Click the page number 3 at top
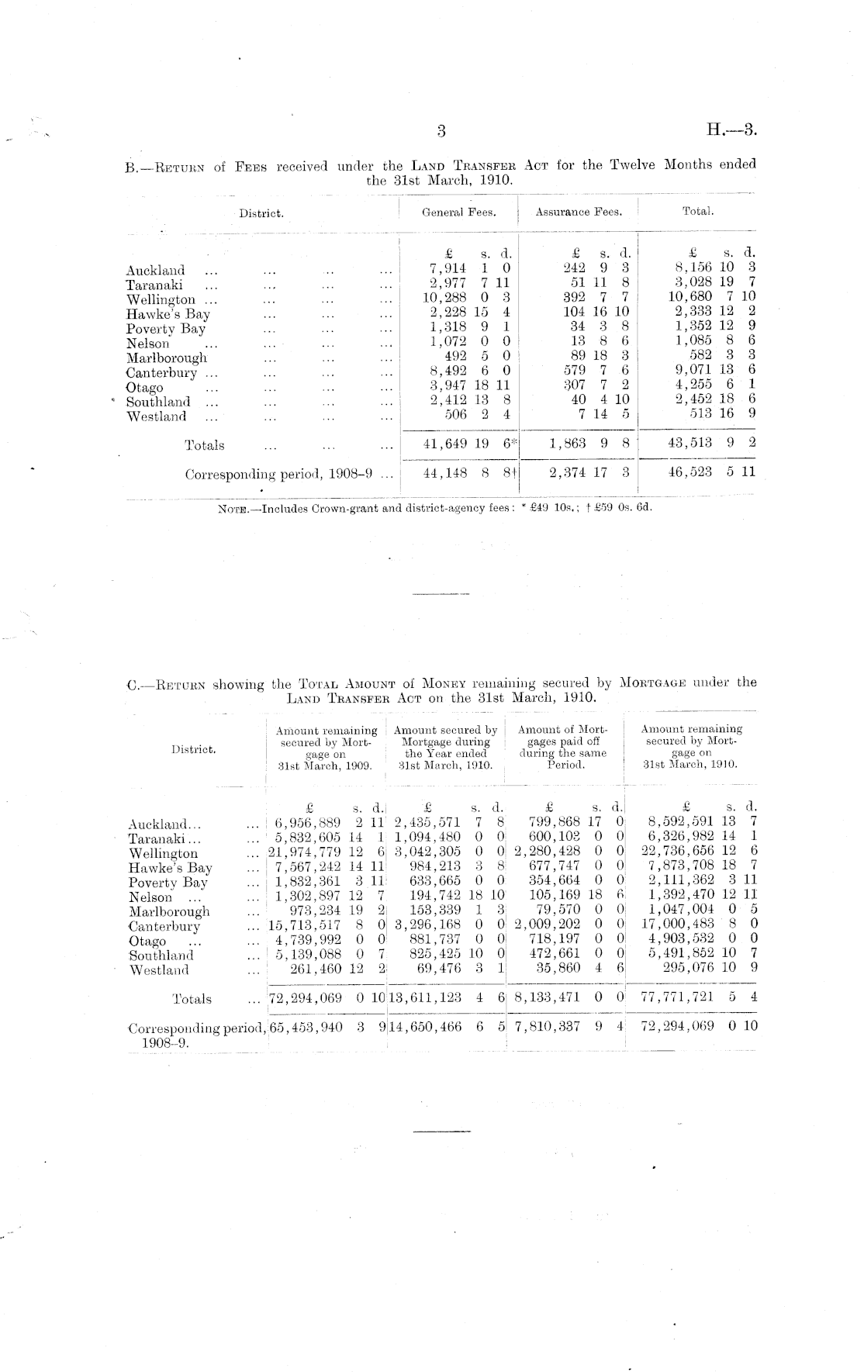[x=441, y=131]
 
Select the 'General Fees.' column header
[x=458, y=212]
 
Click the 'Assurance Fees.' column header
[x=579, y=212]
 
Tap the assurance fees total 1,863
[x=571, y=444]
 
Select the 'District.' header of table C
[x=194, y=749]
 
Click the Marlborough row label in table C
[x=169, y=912]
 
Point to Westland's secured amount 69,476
[x=438, y=969]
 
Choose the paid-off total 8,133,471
[x=547, y=998]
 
